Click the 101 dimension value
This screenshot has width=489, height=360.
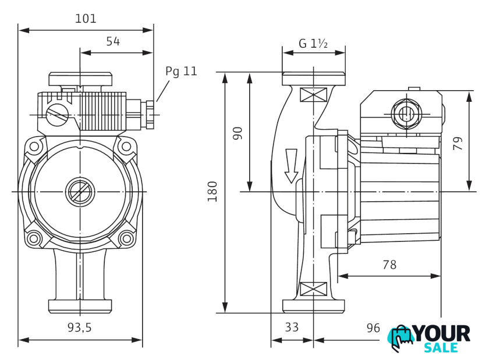(86, 19)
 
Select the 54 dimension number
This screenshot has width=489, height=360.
(113, 41)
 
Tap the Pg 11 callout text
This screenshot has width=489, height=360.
(181, 72)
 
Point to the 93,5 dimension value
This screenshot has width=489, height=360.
(79, 327)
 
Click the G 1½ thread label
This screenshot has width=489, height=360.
(313, 44)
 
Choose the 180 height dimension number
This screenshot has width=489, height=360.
(212, 191)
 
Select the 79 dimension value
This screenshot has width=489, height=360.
(458, 143)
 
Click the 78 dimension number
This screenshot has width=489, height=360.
(389, 265)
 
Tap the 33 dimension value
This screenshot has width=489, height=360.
(292, 327)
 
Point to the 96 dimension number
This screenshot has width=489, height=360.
(373, 327)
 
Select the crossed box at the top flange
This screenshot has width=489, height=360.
(313, 95)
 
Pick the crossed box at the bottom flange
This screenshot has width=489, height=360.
(313, 288)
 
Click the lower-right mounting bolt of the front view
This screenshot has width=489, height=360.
(125, 237)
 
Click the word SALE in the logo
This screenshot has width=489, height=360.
(441, 348)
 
